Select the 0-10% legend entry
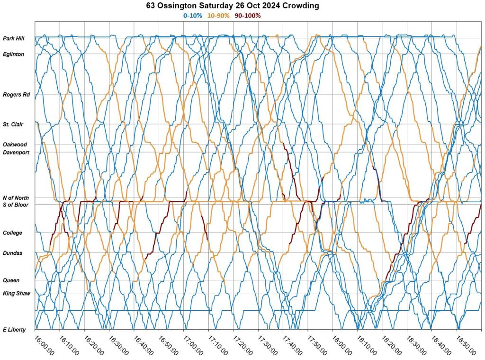click(193, 15)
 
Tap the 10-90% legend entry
click(218, 15)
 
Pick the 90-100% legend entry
click(248, 15)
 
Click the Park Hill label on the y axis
click(14, 38)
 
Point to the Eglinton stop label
click(13, 54)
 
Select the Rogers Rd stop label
click(16, 95)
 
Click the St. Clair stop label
click(14, 125)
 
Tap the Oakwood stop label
click(15, 144)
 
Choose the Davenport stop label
click(16, 153)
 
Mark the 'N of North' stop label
click(16, 198)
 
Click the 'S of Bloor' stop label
click(16, 205)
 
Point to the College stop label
click(13, 233)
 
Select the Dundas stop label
click(13, 253)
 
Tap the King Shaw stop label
click(16, 294)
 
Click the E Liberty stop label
click(14, 330)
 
